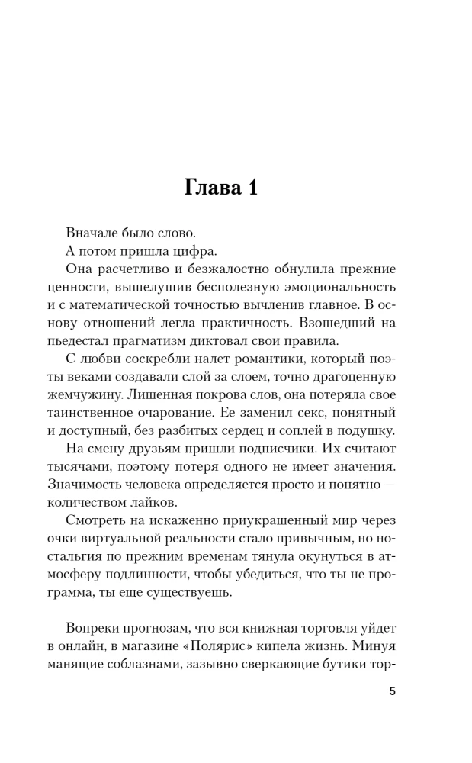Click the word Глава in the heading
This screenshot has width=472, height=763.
click(x=209, y=188)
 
